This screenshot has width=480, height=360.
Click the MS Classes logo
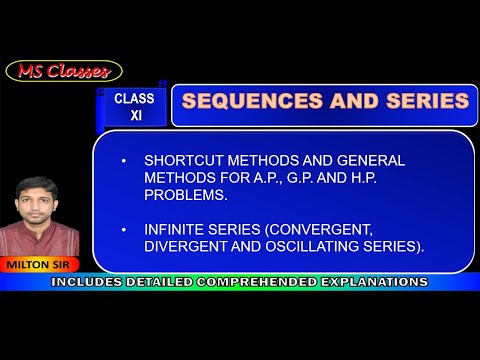(64, 71)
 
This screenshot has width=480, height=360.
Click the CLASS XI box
(135, 106)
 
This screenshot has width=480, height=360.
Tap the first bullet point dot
(124, 161)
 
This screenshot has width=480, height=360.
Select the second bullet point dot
(124, 230)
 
